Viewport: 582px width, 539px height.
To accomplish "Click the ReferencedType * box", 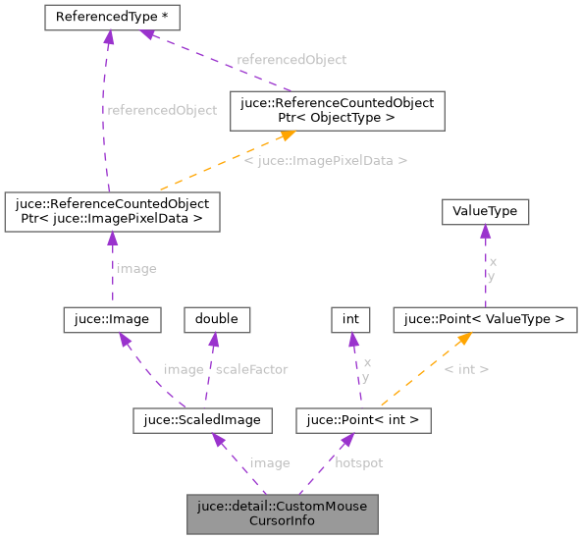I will (107, 17).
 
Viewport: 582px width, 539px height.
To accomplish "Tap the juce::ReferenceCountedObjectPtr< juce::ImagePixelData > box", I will (111, 211).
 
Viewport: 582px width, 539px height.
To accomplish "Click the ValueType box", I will (485, 211).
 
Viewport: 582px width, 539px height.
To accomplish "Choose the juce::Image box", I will (111, 319).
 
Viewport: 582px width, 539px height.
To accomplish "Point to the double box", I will (217, 319).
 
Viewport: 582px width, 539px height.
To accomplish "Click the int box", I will (349, 319).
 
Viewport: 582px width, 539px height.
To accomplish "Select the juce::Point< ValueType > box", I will (485, 319).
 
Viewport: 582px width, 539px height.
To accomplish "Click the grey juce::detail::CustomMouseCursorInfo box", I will (282, 513).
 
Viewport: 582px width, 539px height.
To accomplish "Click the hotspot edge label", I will (359, 462).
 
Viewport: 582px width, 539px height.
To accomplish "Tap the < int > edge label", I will (466, 369).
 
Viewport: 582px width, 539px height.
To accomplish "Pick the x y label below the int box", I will (365, 369).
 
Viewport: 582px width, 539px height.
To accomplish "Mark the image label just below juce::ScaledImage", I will (270, 462).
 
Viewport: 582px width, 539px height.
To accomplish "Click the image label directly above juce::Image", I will (135, 267).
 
